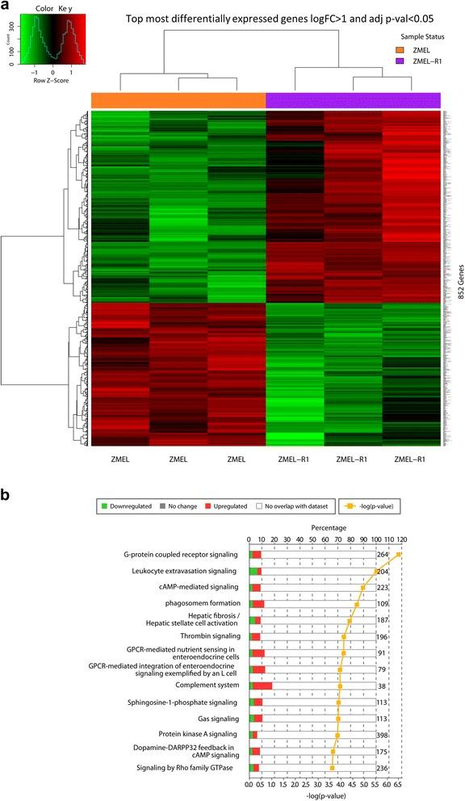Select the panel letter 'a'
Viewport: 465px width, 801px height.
tap(7, 8)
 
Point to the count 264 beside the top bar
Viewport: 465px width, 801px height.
tap(383, 555)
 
